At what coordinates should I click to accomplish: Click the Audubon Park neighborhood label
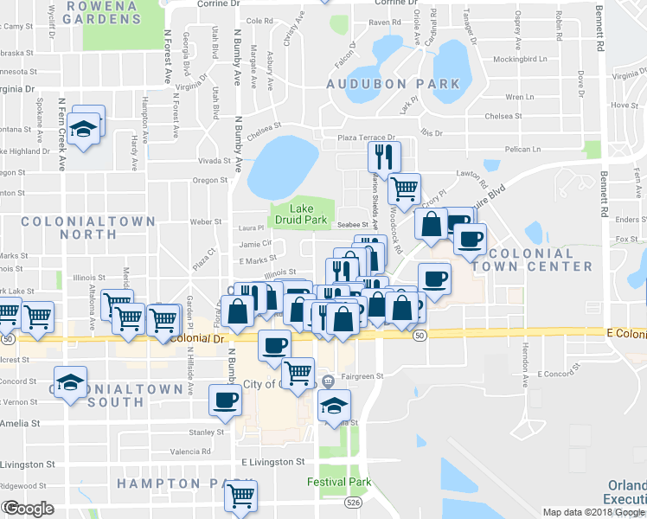point(393,84)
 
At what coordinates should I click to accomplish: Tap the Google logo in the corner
point(28,509)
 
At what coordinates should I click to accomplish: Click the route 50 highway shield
point(420,335)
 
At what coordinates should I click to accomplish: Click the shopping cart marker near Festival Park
point(241,496)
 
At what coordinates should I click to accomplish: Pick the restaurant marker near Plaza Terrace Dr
point(382,156)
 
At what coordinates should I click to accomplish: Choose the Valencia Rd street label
point(190,452)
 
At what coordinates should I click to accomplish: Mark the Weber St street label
point(206,222)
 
